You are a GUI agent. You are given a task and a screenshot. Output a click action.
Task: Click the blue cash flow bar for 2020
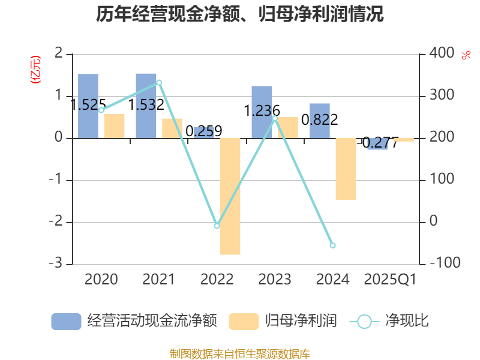point(88,106)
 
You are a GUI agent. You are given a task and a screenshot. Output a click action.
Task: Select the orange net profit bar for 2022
point(230,196)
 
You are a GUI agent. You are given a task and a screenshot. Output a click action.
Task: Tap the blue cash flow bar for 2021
point(146,106)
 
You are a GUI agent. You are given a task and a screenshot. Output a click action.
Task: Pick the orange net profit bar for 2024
point(346,169)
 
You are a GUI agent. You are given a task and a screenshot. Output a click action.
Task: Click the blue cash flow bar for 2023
point(262,112)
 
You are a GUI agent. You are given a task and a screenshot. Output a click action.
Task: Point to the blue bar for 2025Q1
point(378,144)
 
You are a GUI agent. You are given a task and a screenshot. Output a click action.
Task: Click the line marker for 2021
point(159,82)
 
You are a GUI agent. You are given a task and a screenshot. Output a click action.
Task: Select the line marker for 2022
point(217,226)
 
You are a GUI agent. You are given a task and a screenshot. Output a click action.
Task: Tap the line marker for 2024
point(333,245)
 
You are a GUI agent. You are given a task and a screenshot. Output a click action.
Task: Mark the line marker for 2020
point(101,110)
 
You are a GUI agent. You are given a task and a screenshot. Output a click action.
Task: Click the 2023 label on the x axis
point(275,279)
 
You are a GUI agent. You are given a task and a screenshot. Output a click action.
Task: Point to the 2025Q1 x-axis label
point(391,279)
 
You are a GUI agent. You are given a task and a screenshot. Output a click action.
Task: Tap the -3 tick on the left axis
point(58,264)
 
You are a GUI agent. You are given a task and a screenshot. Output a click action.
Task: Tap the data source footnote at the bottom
point(240,353)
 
